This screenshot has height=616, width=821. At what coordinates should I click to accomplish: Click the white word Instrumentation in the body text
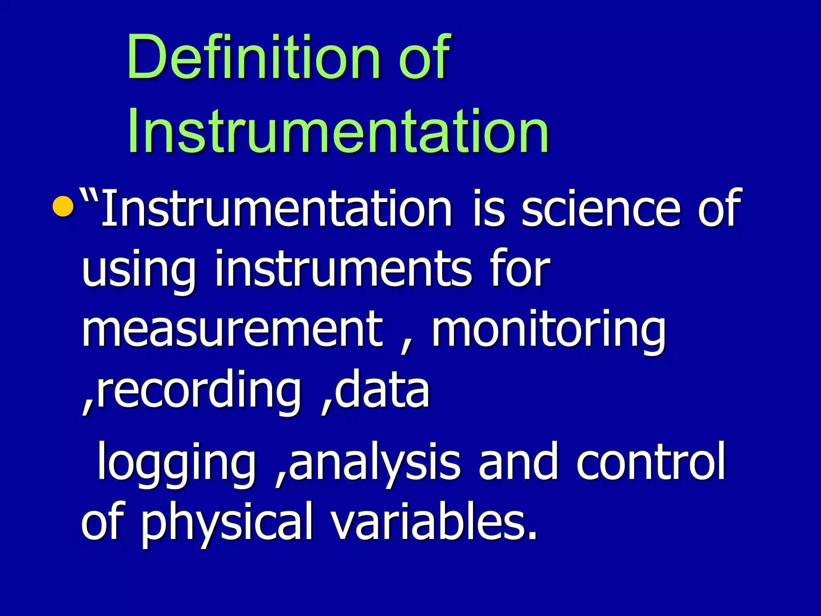[x=277, y=208]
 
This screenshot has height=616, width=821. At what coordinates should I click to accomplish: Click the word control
[x=651, y=461]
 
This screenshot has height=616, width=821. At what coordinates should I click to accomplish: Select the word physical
[x=227, y=524]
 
